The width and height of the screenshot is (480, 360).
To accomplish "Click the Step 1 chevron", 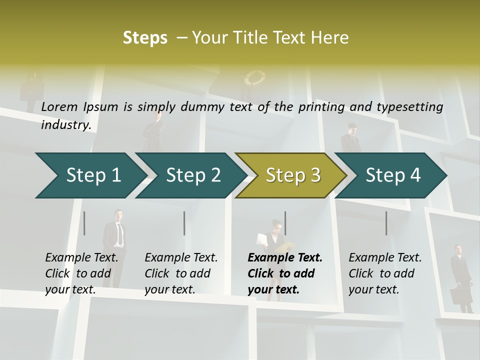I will tap(90, 175).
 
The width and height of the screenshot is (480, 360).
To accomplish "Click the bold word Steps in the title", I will tap(145, 37).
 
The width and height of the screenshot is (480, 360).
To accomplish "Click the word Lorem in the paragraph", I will tap(59, 106).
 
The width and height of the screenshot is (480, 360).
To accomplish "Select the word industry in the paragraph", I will tap(65, 124).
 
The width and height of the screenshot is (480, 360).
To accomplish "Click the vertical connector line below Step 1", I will tap(84, 223).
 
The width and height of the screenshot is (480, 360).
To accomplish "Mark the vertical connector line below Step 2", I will tap(184, 223).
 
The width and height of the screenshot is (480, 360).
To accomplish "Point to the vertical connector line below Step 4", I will tap(386, 223).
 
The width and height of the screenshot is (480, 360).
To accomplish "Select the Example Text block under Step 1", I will tap(81, 273).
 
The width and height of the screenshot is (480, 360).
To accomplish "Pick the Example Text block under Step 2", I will tap(181, 273).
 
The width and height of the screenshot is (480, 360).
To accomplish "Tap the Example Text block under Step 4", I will tap(385, 273).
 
